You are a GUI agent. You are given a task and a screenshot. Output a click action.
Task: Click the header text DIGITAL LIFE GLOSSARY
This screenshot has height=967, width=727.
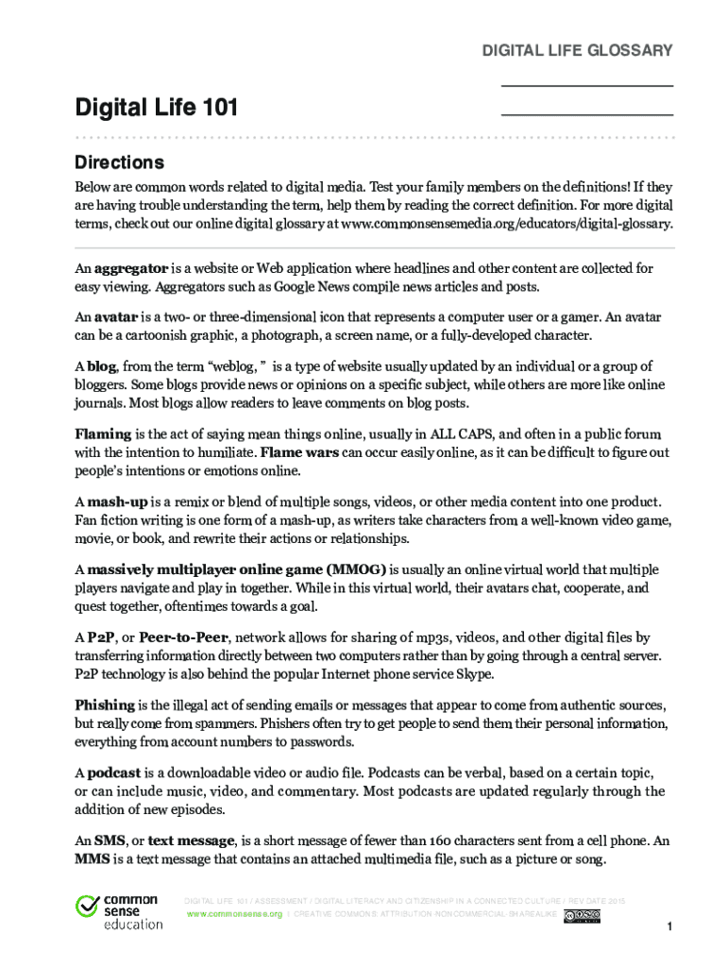pos(578,50)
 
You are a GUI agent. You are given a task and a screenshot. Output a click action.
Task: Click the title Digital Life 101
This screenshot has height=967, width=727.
pos(156,110)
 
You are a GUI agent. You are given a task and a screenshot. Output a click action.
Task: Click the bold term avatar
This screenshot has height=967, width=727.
pos(117,316)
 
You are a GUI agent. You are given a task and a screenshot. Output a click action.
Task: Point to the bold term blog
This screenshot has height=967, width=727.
pos(101,365)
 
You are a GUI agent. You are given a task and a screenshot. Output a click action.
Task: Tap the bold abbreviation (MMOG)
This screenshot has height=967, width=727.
pos(357,569)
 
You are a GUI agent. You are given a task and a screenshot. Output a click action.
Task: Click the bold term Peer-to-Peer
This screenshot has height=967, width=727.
pos(184,637)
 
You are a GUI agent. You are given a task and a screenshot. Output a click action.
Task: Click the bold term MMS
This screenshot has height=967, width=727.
pos(92,859)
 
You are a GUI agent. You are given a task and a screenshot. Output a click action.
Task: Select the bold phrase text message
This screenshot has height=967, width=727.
pos(192,840)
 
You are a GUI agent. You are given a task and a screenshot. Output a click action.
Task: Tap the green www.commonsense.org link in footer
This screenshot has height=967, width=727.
pos(234,915)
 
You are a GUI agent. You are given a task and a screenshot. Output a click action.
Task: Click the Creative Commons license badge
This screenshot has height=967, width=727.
pos(582,916)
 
